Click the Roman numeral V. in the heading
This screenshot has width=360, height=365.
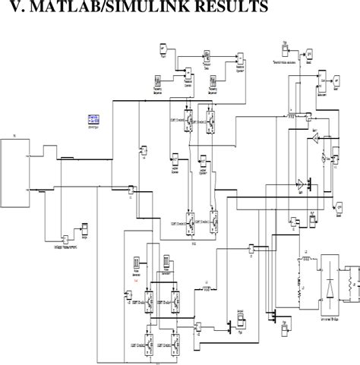13,9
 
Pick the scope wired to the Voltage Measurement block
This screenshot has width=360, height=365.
85,228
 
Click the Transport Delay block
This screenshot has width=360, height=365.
207,57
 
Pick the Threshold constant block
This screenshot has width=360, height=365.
283,48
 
